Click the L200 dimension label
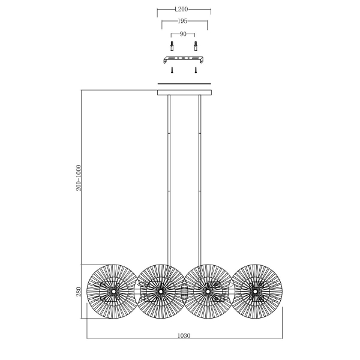[181, 10]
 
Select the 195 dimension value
[182, 21]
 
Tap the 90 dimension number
[183, 34]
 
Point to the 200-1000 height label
[79, 178]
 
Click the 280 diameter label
[79, 292]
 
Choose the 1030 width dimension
[184, 335]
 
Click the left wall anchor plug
[172, 46]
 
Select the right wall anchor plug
[196, 46]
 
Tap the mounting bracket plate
[184, 59]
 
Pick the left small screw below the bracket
[172, 70]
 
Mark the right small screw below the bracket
[196, 70]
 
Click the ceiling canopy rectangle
[184, 92]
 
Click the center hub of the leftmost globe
[113, 292]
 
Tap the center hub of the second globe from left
[161, 292]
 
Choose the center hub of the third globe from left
[208, 292]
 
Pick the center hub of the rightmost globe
[255, 292]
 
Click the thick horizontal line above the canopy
[184, 84]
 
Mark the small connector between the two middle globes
[184, 291]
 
